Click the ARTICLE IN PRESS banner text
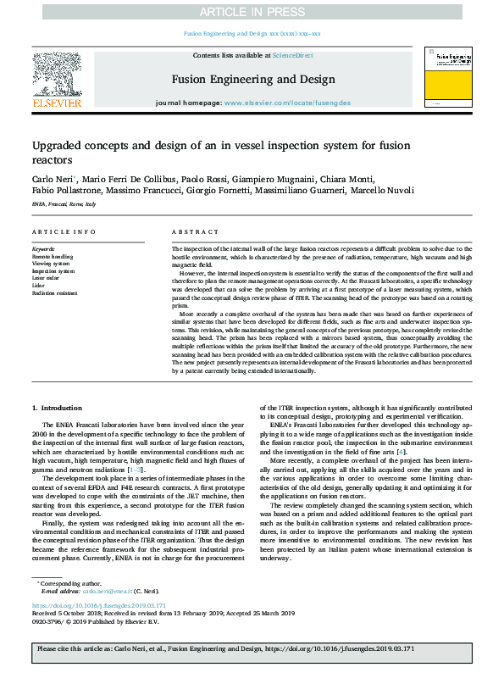(x=252, y=10)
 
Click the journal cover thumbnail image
(x=450, y=77)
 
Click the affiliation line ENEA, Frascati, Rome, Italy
(x=64, y=204)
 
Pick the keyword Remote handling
(x=52, y=255)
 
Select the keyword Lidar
(x=37, y=284)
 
